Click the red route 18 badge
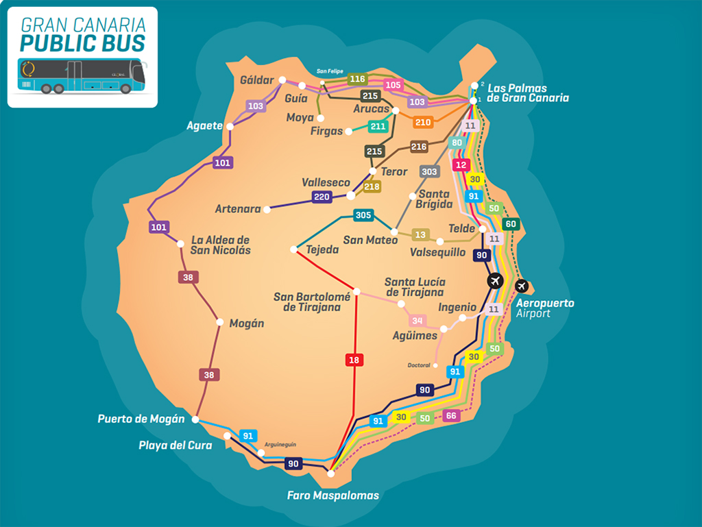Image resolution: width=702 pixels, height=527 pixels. click(x=354, y=360)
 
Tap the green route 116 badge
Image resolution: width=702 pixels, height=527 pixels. click(x=358, y=79)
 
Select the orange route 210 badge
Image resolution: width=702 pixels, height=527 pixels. click(x=423, y=122)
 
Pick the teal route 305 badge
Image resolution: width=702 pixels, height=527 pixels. click(x=363, y=216)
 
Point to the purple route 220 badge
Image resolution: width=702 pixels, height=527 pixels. click(x=322, y=197)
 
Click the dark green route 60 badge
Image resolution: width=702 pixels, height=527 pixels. click(x=510, y=224)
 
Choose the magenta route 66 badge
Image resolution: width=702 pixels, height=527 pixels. click(x=450, y=415)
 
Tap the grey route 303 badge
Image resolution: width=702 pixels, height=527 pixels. click(x=429, y=171)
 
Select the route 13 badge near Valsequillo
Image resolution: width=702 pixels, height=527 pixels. click(x=420, y=235)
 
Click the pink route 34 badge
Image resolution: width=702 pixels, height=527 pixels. click(x=417, y=320)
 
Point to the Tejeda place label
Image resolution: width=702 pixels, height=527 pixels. click(x=322, y=250)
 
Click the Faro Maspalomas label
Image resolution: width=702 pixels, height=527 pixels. click(x=332, y=495)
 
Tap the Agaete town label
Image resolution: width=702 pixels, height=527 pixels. click(x=204, y=126)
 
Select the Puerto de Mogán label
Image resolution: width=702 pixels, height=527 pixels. click(x=141, y=419)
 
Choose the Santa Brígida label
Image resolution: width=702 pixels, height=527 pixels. click(x=435, y=199)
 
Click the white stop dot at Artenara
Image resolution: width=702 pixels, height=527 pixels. click(x=267, y=209)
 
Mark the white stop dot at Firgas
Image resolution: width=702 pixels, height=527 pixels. click(x=349, y=131)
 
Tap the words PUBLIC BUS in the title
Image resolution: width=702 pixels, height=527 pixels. click(x=82, y=43)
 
